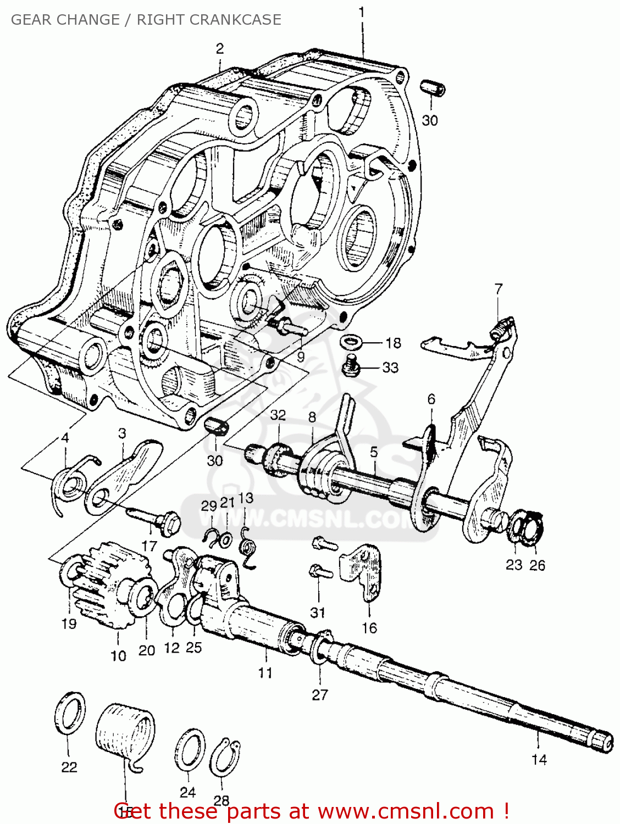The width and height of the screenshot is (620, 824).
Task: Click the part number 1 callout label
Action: pyautogui.click(x=362, y=12)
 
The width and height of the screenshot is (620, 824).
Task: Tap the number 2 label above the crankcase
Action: pyautogui.click(x=220, y=48)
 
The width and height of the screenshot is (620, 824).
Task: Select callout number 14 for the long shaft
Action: pyautogui.click(x=539, y=760)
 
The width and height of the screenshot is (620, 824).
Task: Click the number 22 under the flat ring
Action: pyautogui.click(x=69, y=767)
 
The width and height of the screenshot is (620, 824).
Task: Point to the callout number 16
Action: pyautogui.click(x=369, y=628)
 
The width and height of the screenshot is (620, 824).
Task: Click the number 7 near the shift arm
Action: pyautogui.click(x=499, y=289)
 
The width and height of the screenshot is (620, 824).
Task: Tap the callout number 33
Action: pyautogui.click(x=390, y=367)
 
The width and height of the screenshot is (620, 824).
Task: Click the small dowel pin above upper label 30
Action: pyautogui.click(x=433, y=88)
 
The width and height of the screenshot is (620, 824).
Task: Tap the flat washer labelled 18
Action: pyautogui.click(x=351, y=342)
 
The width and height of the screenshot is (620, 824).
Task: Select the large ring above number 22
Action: pyautogui.click(x=70, y=712)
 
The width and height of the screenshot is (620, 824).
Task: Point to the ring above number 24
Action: pyautogui.click(x=190, y=750)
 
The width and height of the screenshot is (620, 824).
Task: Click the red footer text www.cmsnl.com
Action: pyautogui.click(x=406, y=811)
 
